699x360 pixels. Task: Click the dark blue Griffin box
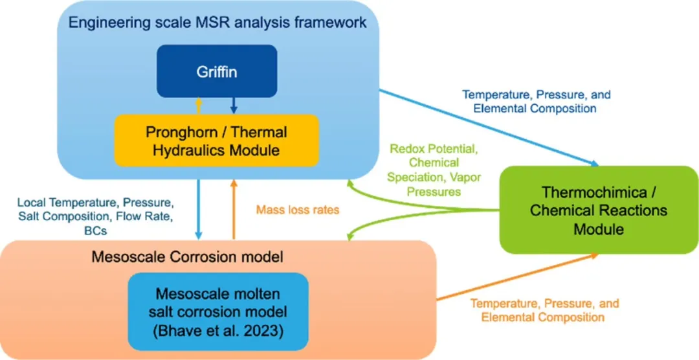(217, 71)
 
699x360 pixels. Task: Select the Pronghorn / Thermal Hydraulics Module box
(217, 141)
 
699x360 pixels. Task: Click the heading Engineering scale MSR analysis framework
(217, 23)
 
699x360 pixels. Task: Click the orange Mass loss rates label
(298, 210)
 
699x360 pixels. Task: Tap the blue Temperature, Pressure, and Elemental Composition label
(536, 102)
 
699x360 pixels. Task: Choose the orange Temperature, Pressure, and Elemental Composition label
(544, 310)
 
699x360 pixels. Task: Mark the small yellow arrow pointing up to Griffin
(199, 104)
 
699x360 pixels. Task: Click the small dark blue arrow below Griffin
(234, 104)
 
